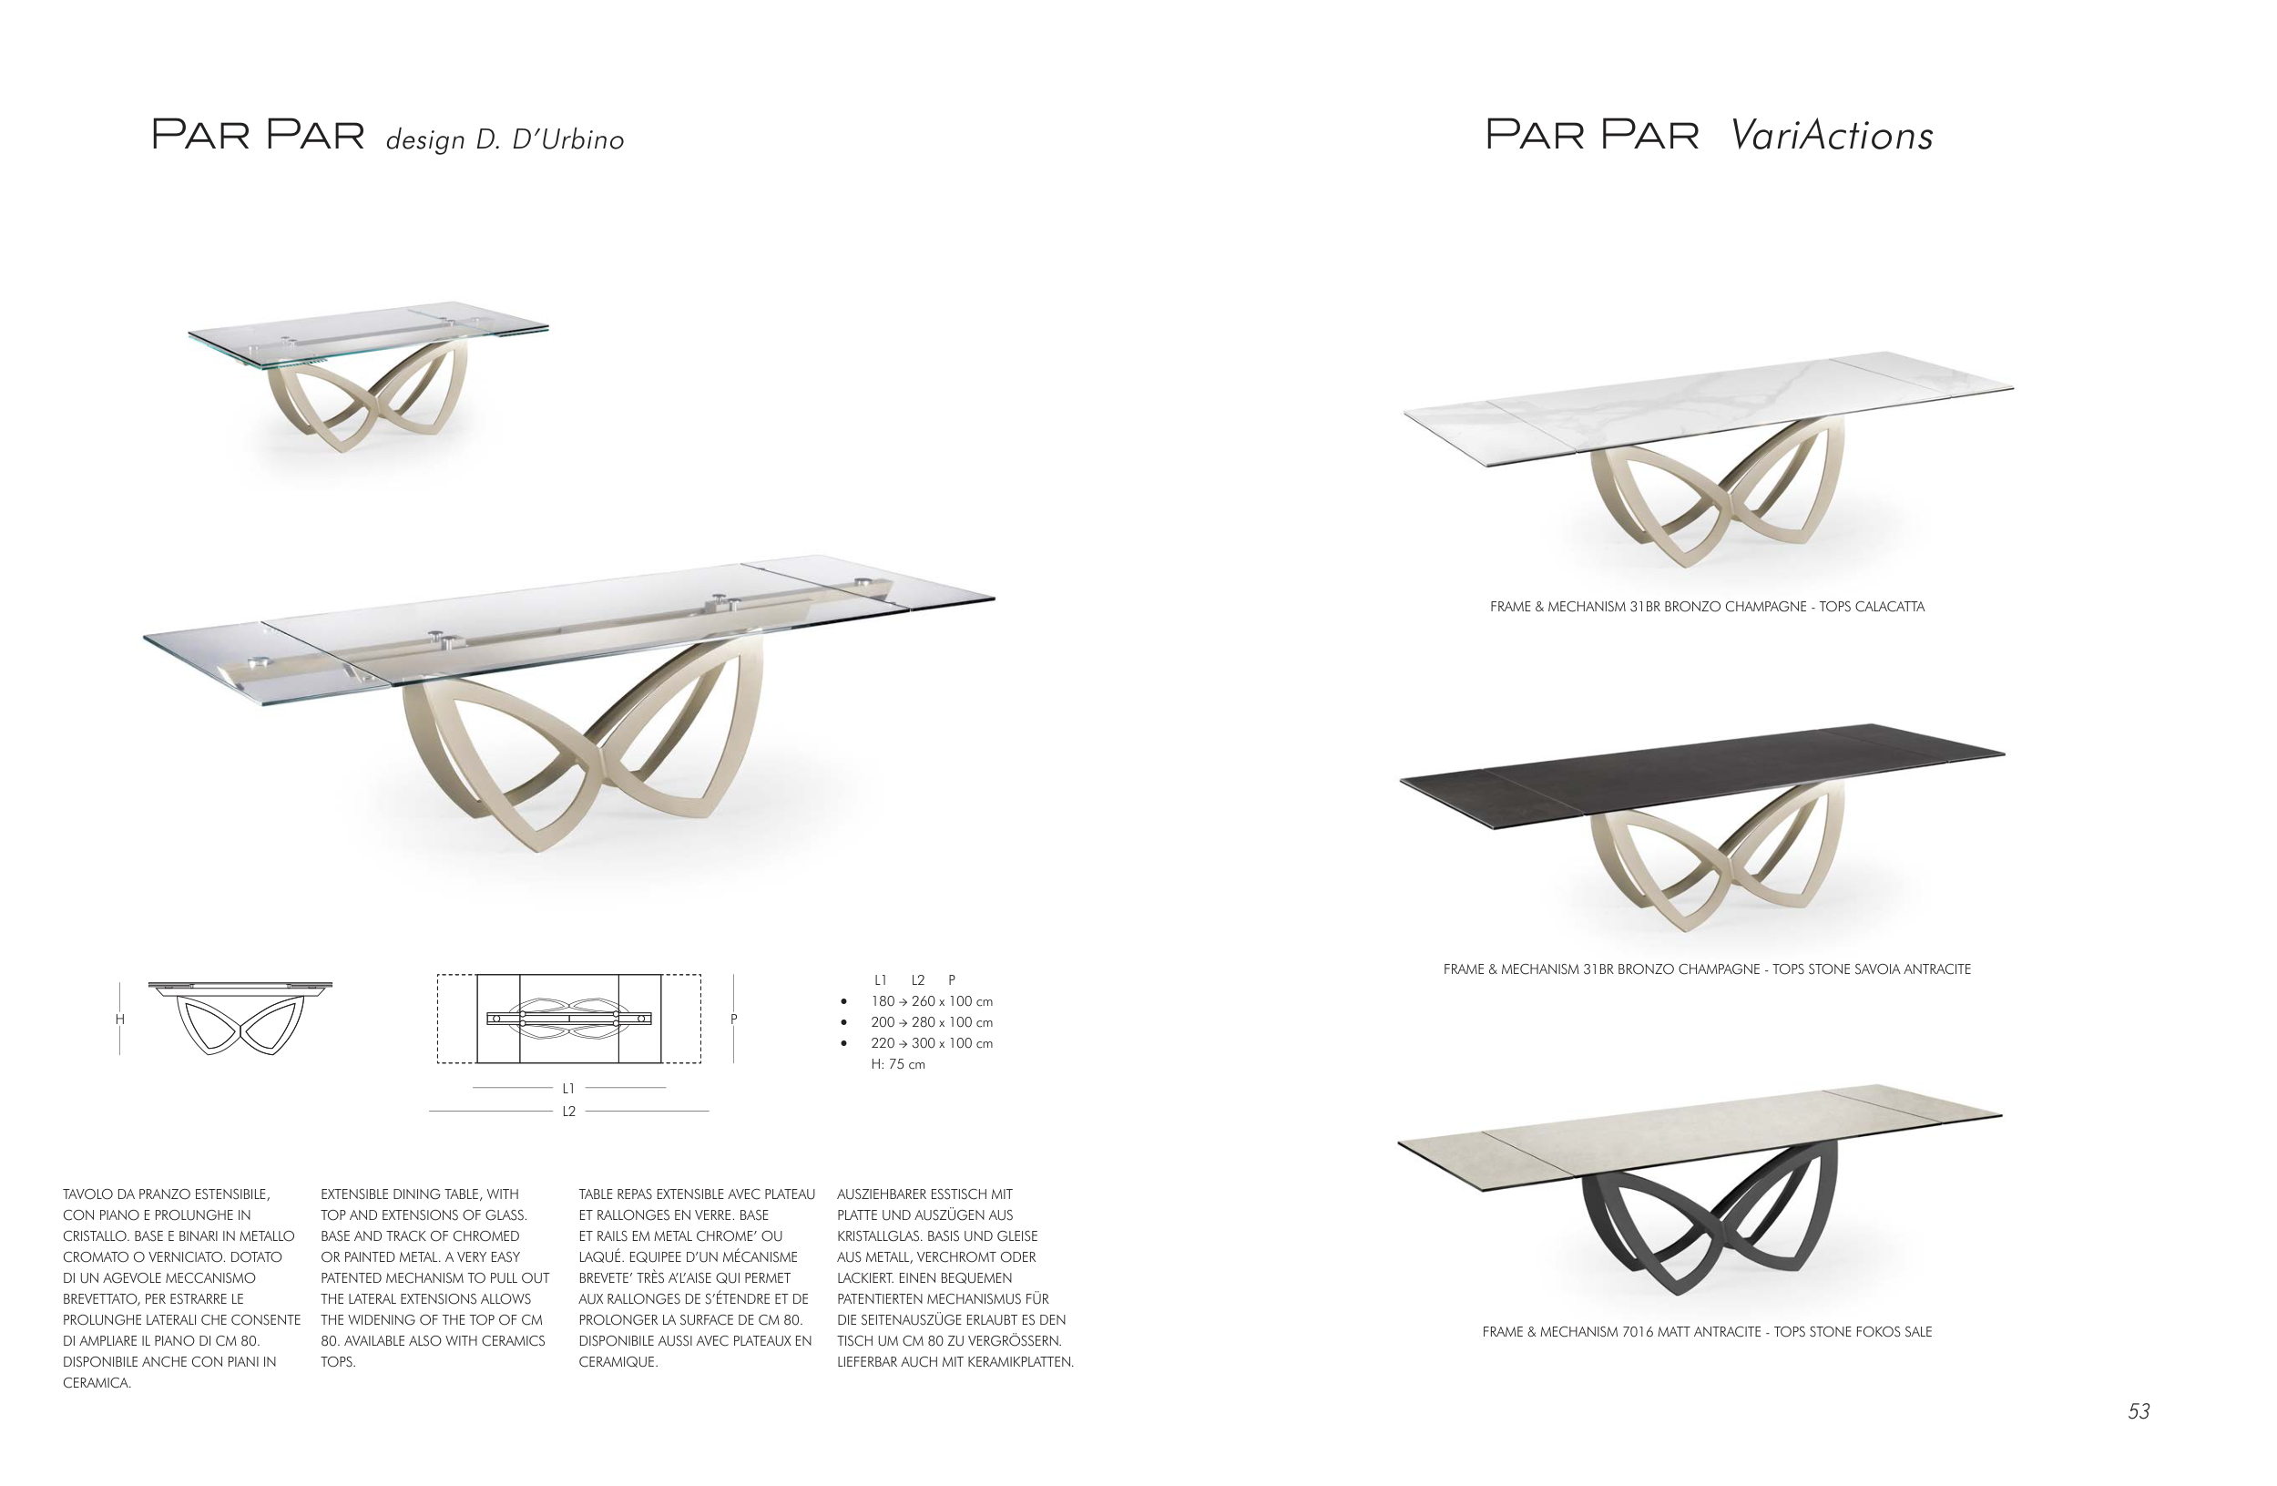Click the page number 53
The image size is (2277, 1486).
tap(2139, 1411)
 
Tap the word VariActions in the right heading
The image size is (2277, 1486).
tap(1833, 135)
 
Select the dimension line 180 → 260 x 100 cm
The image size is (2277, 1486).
tap(931, 1002)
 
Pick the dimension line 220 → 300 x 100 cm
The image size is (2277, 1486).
tap(931, 1044)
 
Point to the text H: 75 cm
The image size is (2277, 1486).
tap(897, 1065)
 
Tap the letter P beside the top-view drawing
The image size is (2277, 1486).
tap(734, 1019)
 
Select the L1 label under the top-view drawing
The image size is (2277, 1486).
tap(568, 1089)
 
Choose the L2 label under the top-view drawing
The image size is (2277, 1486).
tap(568, 1112)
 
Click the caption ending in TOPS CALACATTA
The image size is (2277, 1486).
tap(1707, 607)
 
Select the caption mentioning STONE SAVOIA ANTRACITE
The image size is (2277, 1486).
tap(1707, 969)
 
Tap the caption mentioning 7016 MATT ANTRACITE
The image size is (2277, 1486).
tap(1707, 1332)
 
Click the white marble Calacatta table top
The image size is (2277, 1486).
tap(1708, 406)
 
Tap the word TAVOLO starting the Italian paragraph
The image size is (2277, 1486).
tap(90, 1194)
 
